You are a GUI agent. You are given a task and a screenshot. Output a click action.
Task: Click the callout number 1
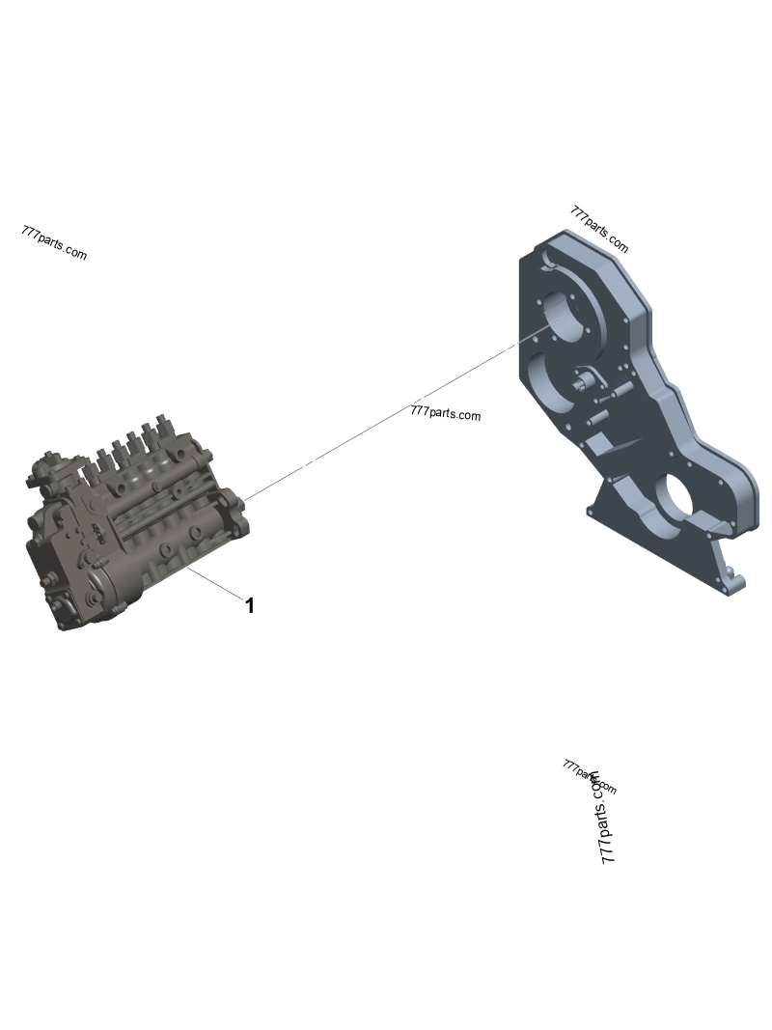250,606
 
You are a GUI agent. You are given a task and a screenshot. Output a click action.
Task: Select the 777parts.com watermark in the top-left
53,243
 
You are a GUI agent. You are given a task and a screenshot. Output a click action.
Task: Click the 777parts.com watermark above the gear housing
599,230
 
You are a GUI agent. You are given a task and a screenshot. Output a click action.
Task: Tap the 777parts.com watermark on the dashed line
445,414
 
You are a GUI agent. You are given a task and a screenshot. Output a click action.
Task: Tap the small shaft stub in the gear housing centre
581,383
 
